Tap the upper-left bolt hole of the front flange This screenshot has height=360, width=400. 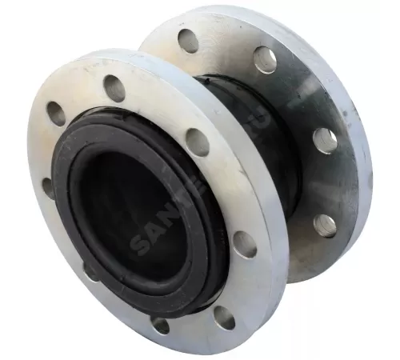tap(56, 114)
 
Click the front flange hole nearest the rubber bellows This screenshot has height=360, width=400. tap(197, 142)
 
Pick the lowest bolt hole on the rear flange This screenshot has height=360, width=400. tap(326, 226)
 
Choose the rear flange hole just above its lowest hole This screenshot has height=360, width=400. tap(325, 141)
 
